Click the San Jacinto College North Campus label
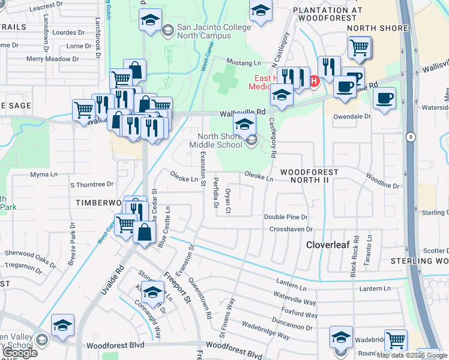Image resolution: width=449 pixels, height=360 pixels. [203, 32]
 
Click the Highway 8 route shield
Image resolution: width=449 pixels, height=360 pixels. [409, 137]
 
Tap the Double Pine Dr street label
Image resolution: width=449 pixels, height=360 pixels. [286, 217]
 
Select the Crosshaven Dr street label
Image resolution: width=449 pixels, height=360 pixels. [291, 229]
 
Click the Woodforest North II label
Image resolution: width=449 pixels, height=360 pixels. [309, 176]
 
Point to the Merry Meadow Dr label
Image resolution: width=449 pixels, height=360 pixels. [53, 59]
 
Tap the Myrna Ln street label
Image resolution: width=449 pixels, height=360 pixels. [43, 175]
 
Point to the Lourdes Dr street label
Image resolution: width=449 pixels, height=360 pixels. [69, 32]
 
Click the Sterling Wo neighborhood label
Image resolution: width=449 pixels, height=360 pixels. [420, 261]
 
